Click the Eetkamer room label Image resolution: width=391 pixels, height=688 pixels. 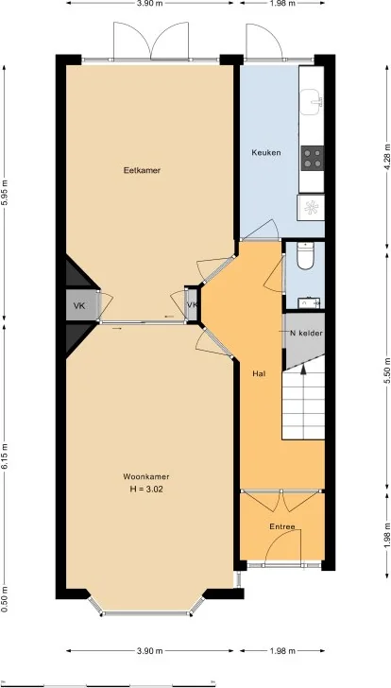142,171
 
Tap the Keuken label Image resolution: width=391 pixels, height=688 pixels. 266,152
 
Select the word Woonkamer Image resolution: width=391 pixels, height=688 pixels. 144,476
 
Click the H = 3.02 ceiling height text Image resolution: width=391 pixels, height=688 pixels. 144,490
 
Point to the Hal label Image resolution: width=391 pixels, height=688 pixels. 258,374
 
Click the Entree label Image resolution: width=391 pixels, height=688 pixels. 282,526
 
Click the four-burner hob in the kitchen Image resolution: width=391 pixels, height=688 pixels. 312,157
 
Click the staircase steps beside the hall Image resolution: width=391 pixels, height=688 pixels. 304,402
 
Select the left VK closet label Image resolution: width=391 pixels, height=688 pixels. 79,305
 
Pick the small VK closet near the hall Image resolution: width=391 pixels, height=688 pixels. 192,305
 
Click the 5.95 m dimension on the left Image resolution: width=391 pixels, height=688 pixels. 8,194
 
